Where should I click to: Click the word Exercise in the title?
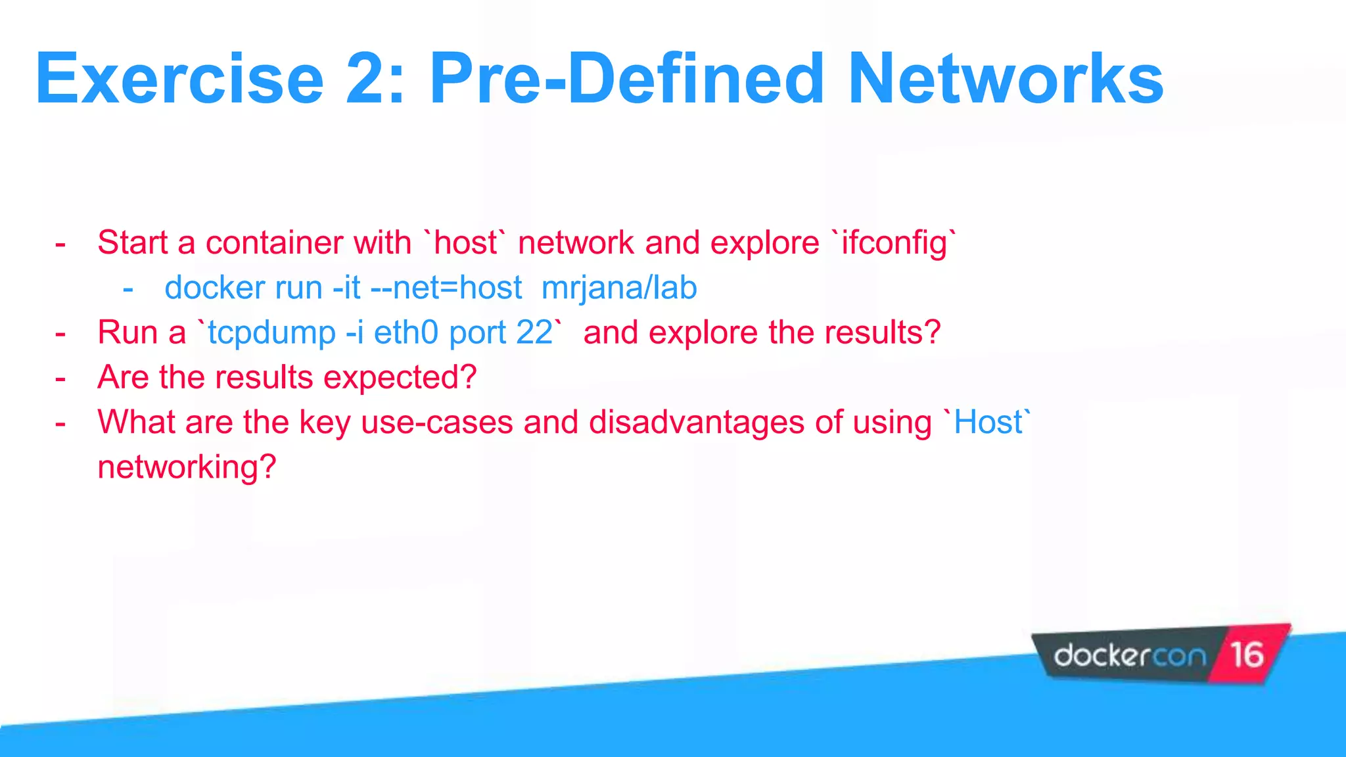point(179,80)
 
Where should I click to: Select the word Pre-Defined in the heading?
point(626,80)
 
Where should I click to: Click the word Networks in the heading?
point(1006,80)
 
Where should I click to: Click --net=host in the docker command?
point(446,288)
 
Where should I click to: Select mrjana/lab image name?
point(618,288)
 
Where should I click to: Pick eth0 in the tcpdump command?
point(406,333)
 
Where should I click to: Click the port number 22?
point(534,333)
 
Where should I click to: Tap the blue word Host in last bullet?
point(988,423)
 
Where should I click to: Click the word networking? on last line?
point(187,468)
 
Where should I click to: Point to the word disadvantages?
point(697,423)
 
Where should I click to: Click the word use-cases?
point(436,423)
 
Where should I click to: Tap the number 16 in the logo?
point(1247,654)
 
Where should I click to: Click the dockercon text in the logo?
point(1130,655)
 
